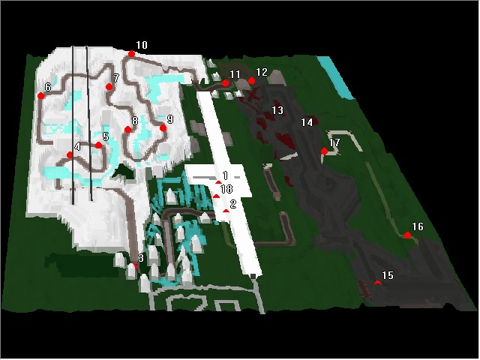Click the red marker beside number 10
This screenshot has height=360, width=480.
pos(132,54)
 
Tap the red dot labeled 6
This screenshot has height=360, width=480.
pos(40,96)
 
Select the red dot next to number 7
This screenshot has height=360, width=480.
pos(109,87)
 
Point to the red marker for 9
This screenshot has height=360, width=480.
pos(163,128)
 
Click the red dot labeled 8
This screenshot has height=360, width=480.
pos(128,130)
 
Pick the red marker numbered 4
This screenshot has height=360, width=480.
pos(70,155)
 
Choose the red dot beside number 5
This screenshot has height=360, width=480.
pos(98,145)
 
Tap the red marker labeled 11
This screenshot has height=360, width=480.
pos(225,83)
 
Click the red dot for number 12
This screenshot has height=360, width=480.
pos(252,81)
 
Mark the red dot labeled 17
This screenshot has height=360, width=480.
pos(324,151)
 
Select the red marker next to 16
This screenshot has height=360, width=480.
pos(407,235)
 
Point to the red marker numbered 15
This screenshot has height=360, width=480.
pos(378,283)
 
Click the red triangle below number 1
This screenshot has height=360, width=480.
pos(218,182)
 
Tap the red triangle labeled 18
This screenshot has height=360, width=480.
pos(216,196)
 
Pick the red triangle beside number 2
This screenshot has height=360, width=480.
pos(226,211)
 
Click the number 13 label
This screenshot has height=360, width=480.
pos(277,110)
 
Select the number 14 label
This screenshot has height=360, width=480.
pos(307,122)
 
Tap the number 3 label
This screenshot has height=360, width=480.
pos(141,258)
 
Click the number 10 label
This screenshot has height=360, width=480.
pos(142,45)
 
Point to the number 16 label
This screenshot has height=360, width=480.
pos(418,226)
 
